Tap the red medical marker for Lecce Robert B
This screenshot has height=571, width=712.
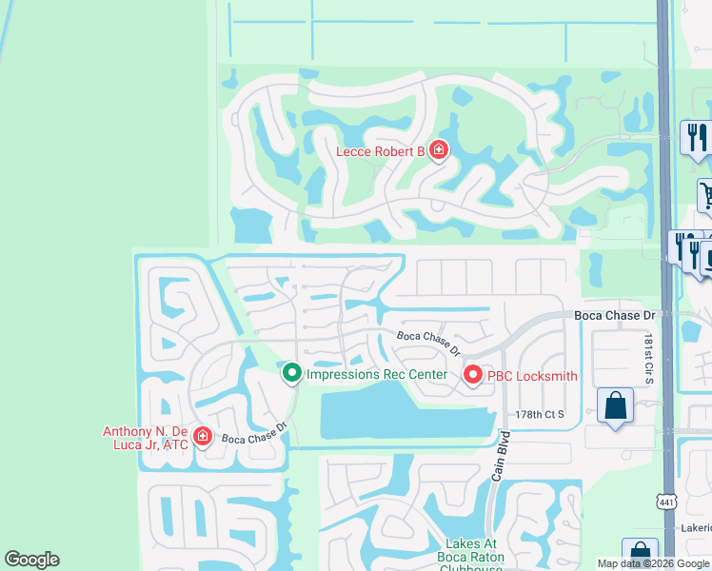click(x=438, y=150)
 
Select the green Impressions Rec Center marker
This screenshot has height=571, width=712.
click(x=292, y=374)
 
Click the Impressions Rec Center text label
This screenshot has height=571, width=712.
click(x=376, y=375)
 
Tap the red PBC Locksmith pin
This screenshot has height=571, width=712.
click(x=473, y=376)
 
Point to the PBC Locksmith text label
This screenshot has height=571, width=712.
click(x=532, y=376)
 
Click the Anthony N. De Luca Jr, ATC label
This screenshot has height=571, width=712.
click(x=146, y=437)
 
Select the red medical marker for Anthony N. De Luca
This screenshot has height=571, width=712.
click(x=202, y=436)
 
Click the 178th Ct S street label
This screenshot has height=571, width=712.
click(x=540, y=414)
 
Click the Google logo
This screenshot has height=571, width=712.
click(x=31, y=560)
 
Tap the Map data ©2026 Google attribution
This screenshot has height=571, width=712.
click(x=653, y=563)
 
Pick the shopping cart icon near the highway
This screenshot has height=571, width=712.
click(x=706, y=197)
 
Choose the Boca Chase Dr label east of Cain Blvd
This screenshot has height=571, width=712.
click(x=615, y=315)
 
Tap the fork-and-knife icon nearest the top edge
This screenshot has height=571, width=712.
click(x=696, y=137)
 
